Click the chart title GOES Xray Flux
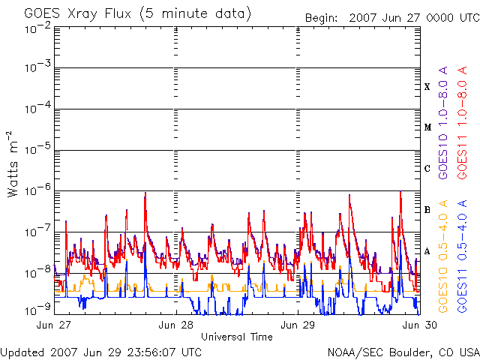click(x=78, y=13)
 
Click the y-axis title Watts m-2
click(x=12, y=164)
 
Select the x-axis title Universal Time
click(x=237, y=337)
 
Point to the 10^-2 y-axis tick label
click(x=37, y=28)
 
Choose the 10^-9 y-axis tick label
click(x=37, y=310)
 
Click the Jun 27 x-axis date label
click(x=53, y=325)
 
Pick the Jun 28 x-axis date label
click(x=175, y=325)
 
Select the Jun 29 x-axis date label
click(x=298, y=325)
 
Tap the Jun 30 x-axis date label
click(x=420, y=325)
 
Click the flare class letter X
click(x=427, y=87)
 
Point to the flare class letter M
click(x=427, y=127)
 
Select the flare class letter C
click(x=427, y=168)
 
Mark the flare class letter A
click(x=427, y=251)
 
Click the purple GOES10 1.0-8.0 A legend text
click(x=443, y=122)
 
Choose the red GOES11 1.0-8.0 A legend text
click(x=462, y=122)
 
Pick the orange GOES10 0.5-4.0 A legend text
click(x=443, y=256)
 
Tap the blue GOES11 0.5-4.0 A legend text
click(x=462, y=256)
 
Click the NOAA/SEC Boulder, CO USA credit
click(x=403, y=352)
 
